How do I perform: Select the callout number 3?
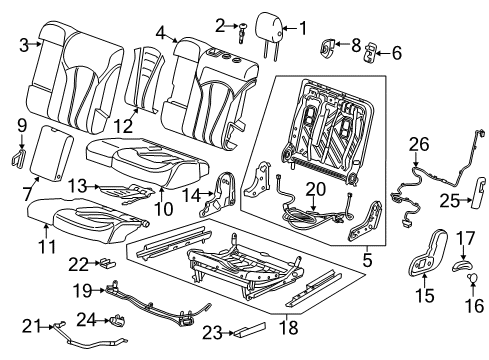click(x=22, y=43)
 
